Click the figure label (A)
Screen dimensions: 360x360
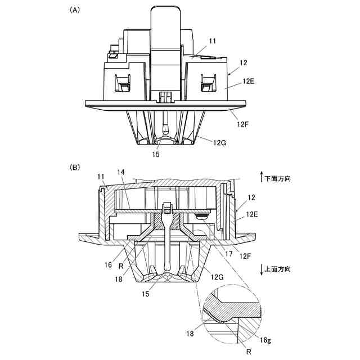pos(74,10)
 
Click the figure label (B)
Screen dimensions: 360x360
pos(74,167)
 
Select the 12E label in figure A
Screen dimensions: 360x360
pos(248,82)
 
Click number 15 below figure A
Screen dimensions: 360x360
pos(155,154)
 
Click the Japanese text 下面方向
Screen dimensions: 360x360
pos(278,178)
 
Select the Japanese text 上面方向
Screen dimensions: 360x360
pos(278,269)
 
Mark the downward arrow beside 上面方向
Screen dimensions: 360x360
pos(261,269)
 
